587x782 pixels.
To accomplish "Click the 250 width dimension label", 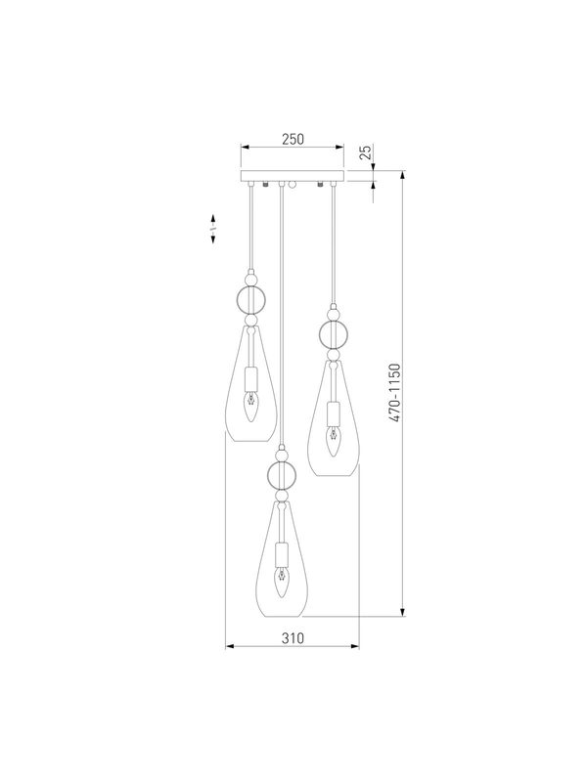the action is point(293,139).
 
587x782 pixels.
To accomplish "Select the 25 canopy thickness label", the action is point(366,152).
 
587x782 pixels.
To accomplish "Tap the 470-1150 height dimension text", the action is point(395,394).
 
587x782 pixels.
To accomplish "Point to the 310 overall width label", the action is point(293,638).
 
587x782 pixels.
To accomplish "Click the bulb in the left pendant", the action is point(251,406).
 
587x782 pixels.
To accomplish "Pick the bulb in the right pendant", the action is point(333,441).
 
